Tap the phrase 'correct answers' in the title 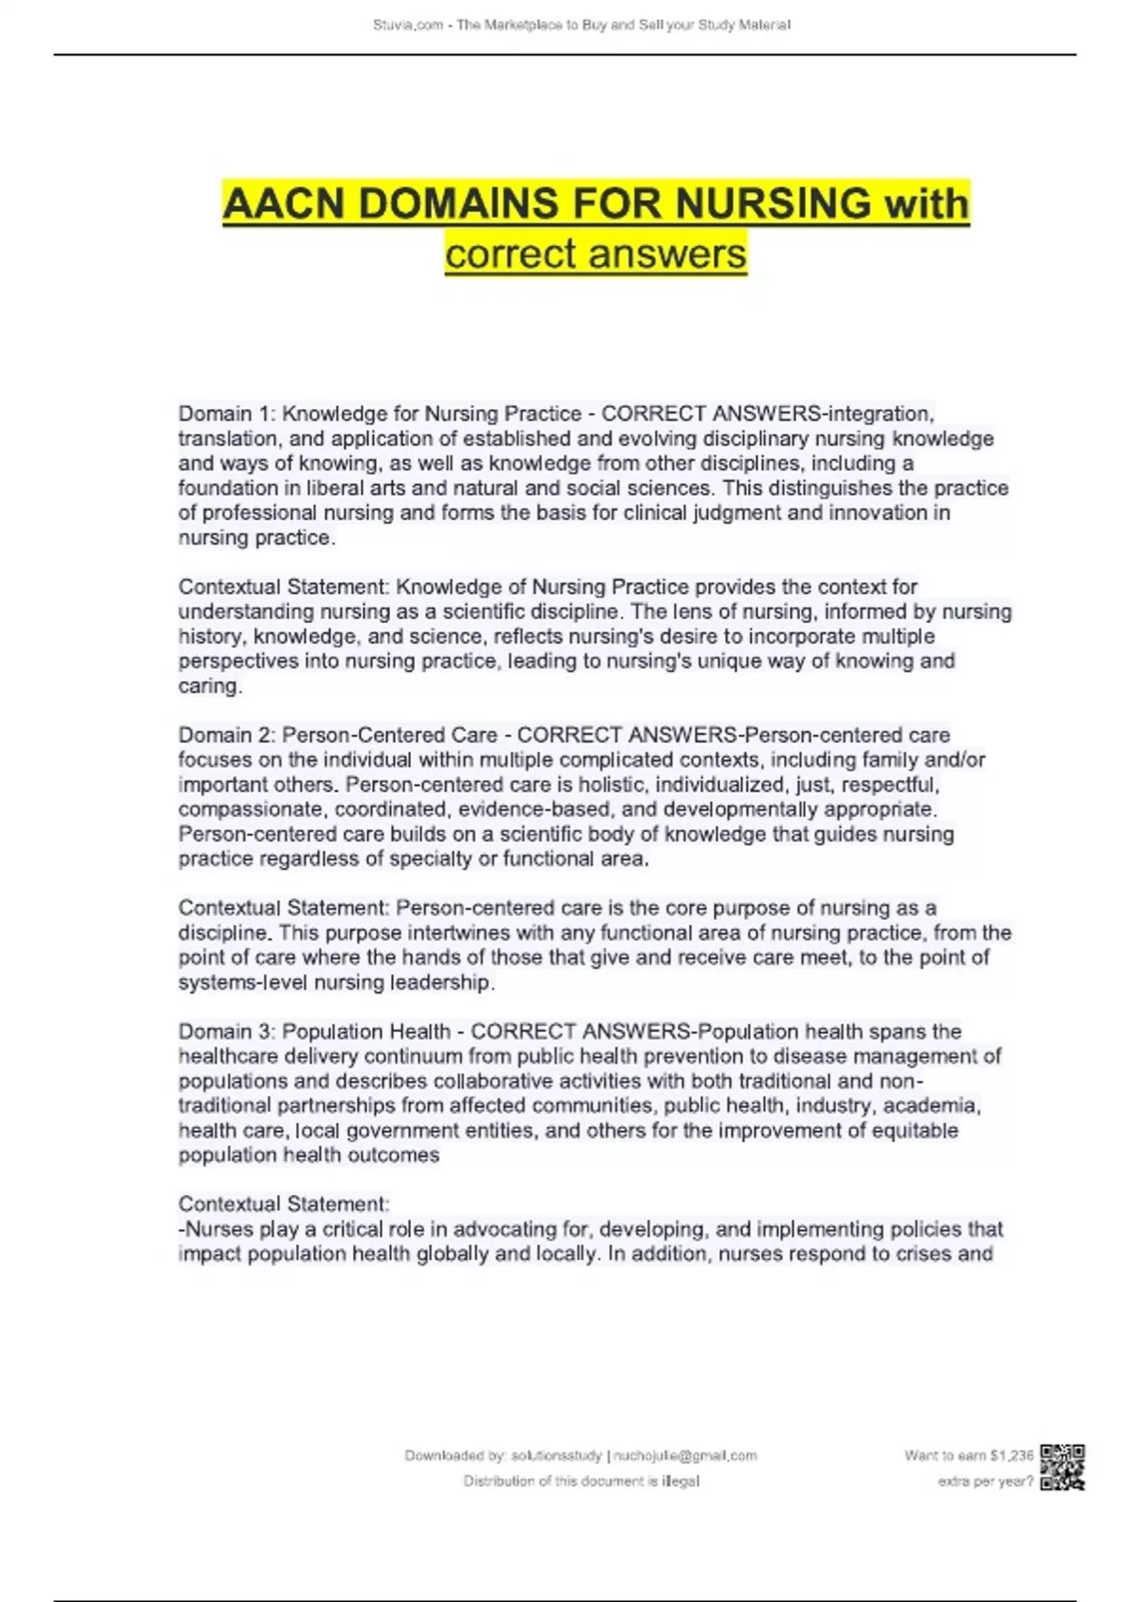click(x=596, y=253)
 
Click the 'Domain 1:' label click(x=226, y=414)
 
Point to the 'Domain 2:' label click(x=226, y=735)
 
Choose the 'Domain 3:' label click(x=226, y=1032)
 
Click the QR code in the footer click(x=1062, y=1467)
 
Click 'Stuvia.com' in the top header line click(x=408, y=25)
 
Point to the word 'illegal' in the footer click(x=680, y=1481)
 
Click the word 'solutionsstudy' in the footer click(x=556, y=1456)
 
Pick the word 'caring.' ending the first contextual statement click(x=210, y=686)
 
